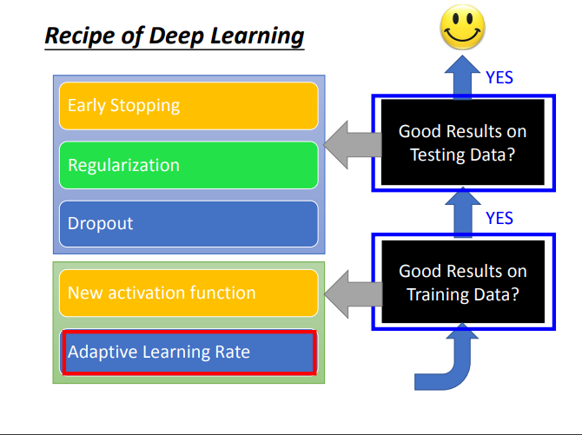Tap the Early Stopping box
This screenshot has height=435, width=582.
pyautogui.click(x=188, y=106)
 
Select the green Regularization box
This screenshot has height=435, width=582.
pyautogui.click(x=188, y=165)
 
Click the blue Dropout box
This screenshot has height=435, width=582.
pyautogui.click(x=188, y=223)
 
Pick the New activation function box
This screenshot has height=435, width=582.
pyautogui.click(x=188, y=293)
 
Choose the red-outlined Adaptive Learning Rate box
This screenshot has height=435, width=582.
pyautogui.click(x=188, y=352)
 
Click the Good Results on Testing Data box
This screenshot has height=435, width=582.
pyautogui.click(x=462, y=142)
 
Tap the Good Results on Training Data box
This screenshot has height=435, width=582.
pyautogui.click(x=462, y=282)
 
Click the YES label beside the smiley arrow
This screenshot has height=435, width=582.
pyautogui.click(x=499, y=77)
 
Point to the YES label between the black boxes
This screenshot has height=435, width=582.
pyautogui.click(x=499, y=217)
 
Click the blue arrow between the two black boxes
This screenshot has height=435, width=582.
pyautogui.click(x=462, y=213)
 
